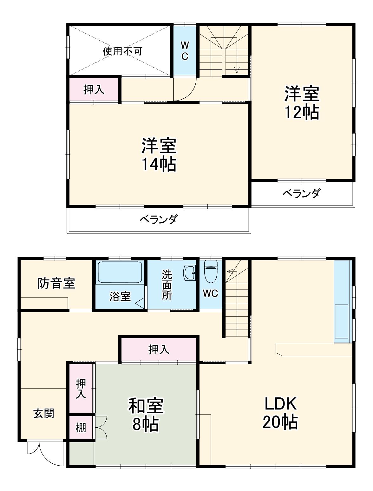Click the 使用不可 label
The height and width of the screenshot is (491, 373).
click(123, 51)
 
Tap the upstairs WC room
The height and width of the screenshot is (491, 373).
click(185, 51)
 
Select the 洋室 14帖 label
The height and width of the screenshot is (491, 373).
click(159, 154)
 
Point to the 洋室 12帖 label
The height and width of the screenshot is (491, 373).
click(302, 102)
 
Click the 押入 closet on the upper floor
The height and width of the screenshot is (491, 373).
click(94, 90)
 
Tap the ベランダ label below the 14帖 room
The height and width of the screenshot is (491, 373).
click(159, 219)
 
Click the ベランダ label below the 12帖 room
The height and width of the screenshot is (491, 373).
click(302, 193)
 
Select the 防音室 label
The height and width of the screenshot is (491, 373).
click(56, 283)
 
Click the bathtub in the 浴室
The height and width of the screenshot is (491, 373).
click(120, 272)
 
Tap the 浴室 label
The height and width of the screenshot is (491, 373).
click(120, 297)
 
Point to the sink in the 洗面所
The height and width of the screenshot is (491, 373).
click(190, 273)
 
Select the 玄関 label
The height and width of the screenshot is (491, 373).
click(44, 413)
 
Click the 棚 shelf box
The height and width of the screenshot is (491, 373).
click(81, 428)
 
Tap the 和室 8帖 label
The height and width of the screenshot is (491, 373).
click(146, 414)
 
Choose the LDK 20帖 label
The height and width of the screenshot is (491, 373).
click(280, 413)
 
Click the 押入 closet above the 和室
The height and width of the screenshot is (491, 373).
click(159, 350)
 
